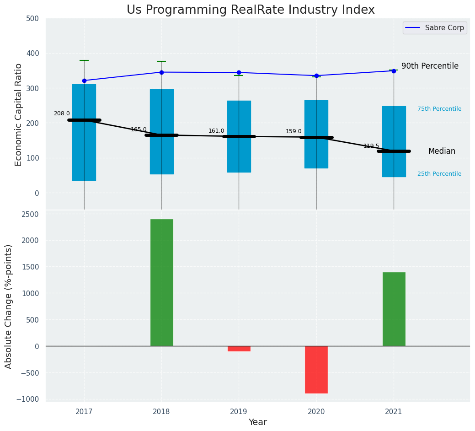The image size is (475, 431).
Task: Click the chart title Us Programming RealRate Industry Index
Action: tap(251, 10)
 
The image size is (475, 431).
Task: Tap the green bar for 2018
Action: tap(162, 282)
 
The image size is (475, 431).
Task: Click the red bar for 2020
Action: tap(316, 369)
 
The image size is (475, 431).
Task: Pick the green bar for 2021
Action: tap(394, 309)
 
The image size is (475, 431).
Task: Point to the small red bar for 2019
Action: tap(239, 349)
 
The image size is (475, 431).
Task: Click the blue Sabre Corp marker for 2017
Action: tap(84, 81)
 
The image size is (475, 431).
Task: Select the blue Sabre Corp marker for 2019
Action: tap(239, 72)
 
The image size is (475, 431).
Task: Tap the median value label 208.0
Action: tap(62, 113)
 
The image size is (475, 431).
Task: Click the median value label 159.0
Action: tap(294, 131)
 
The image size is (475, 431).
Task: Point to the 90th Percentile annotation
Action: tap(430, 66)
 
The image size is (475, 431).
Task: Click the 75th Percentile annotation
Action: tap(439, 109)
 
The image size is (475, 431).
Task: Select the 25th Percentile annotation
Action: tap(439, 174)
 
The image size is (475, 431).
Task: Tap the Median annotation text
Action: tap(442, 151)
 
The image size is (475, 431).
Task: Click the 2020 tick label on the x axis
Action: tap(316, 411)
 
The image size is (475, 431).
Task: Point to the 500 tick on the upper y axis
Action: tap(36, 19)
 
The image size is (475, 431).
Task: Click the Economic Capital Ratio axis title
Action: tap(19, 114)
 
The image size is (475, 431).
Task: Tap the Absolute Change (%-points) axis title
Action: tap(9, 306)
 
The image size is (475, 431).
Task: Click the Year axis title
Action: tap(258, 422)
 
